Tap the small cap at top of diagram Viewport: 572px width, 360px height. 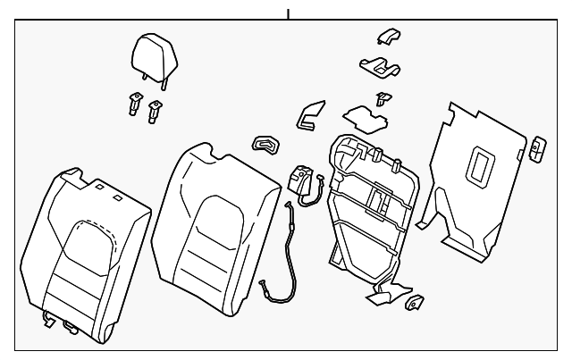click(x=387, y=36)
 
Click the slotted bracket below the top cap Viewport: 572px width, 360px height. click(x=378, y=66)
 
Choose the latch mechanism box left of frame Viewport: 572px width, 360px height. click(x=301, y=181)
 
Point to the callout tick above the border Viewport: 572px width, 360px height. click(x=288, y=13)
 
